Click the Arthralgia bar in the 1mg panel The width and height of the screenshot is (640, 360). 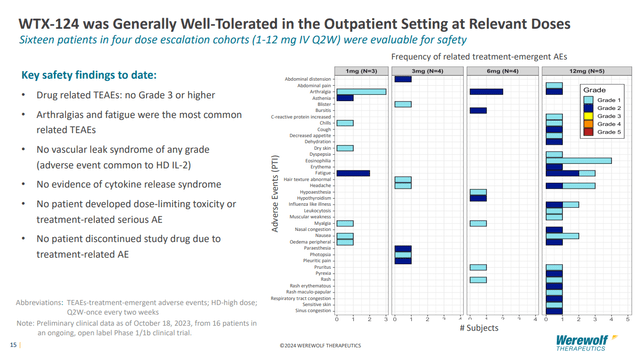pyautogui.click(x=361, y=91)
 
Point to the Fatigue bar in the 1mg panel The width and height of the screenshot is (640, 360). pyautogui.click(x=353, y=173)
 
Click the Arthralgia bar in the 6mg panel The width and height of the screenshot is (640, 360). pyautogui.click(x=486, y=91)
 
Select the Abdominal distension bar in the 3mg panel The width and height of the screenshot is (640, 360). pyautogui.click(x=403, y=78)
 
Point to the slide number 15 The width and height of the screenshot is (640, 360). pyautogui.click(x=13, y=345)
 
